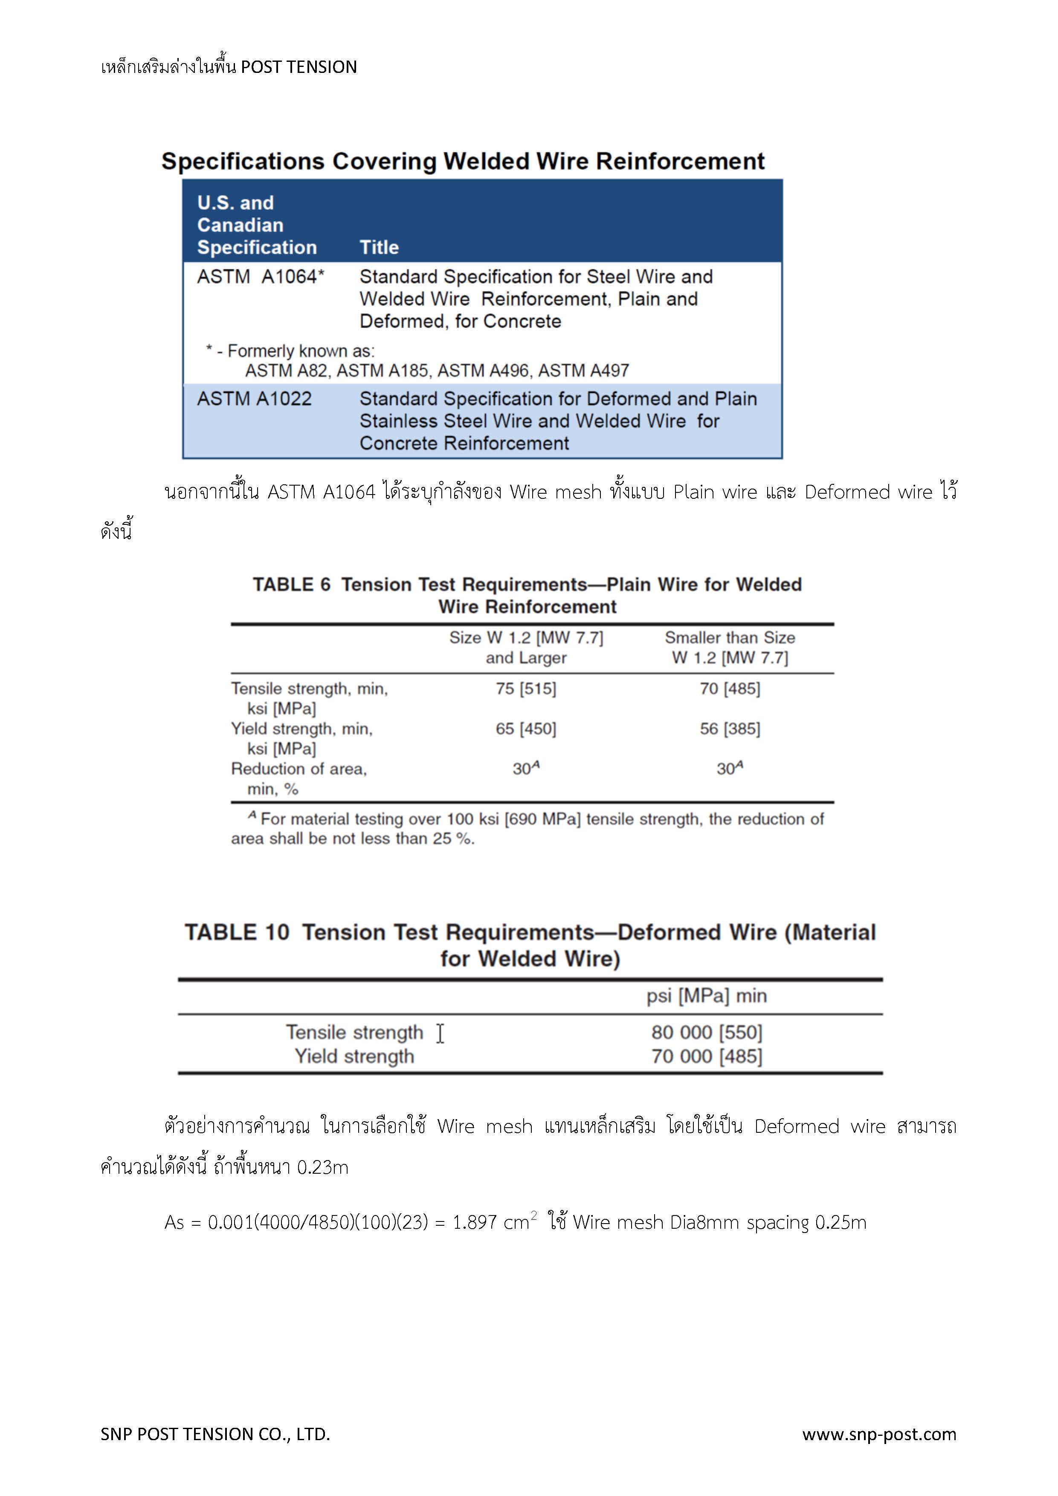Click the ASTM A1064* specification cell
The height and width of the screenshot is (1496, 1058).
(260, 277)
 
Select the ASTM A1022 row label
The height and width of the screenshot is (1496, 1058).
(254, 399)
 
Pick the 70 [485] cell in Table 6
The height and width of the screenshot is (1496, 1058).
(730, 689)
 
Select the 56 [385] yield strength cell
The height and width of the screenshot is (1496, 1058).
(730, 729)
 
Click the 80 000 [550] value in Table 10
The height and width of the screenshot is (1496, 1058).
(707, 1032)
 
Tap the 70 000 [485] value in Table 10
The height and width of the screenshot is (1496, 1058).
(707, 1056)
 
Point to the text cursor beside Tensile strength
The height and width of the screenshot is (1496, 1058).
(441, 1033)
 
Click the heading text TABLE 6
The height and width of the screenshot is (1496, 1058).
(291, 585)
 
